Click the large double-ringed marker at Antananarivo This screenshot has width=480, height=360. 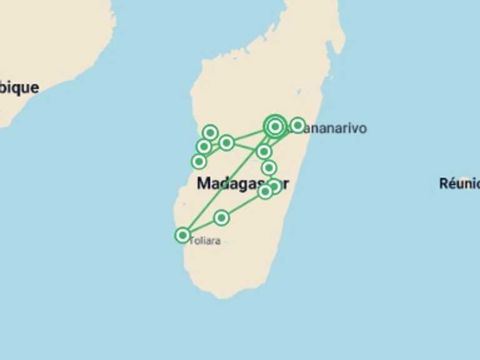[275, 127]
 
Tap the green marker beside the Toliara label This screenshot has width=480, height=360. [182, 235]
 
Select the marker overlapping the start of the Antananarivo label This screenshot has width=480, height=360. [297, 125]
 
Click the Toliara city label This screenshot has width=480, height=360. [204, 241]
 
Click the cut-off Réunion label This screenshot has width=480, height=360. [459, 183]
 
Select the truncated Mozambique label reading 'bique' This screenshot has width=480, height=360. [19, 87]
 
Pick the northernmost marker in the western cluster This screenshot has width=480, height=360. [211, 132]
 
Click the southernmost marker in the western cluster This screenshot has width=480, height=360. [199, 161]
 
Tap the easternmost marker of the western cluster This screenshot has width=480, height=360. [226, 143]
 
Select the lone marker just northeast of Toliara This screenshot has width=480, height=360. [221, 217]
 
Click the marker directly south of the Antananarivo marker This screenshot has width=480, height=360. [264, 151]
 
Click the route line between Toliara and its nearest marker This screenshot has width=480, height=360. [202, 226]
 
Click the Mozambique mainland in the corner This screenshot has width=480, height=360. [50, 37]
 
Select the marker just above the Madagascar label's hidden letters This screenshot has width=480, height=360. [269, 167]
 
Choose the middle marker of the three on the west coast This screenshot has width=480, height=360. [204, 147]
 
